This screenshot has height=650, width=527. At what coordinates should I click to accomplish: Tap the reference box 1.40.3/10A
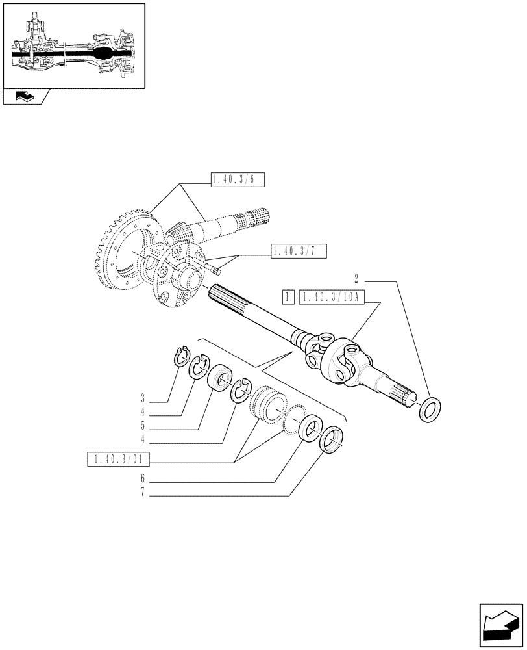point(332,298)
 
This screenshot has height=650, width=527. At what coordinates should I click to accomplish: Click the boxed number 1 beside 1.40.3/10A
point(288,298)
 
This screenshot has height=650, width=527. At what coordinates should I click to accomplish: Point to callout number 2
point(356,278)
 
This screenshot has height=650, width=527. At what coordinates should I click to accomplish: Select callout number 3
point(141,396)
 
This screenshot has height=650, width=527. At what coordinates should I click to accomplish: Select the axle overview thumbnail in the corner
point(73,45)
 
